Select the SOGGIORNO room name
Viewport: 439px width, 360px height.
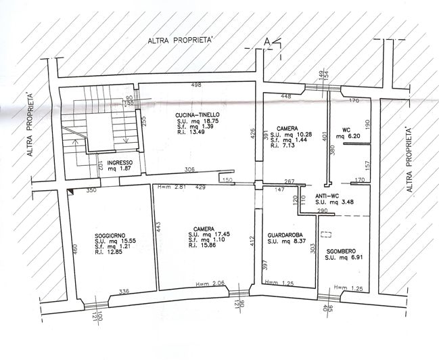tap(110, 235)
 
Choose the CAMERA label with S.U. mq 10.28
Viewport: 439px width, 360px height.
tap(282, 127)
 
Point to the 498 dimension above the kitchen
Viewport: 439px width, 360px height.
tap(197, 85)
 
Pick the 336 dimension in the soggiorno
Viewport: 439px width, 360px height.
tap(124, 292)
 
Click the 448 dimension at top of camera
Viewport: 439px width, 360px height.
tap(287, 96)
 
